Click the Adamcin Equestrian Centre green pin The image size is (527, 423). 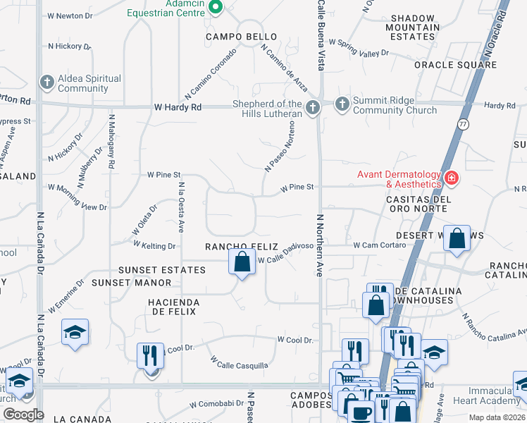(x=216, y=8)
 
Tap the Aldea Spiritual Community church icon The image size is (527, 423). (x=47, y=82)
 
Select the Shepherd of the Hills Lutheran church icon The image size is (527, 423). (x=314, y=107)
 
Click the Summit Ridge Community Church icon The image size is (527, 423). (x=342, y=105)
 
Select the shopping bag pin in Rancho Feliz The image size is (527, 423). (x=242, y=262)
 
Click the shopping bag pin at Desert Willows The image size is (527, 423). (x=457, y=239)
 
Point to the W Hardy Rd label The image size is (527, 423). (x=178, y=107)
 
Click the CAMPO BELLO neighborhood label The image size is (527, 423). (x=241, y=36)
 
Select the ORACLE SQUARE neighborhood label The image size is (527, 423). (x=455, y=65)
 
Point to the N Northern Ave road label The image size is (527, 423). (x=319, y=245)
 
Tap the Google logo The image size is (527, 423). (x=23, y=414)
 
